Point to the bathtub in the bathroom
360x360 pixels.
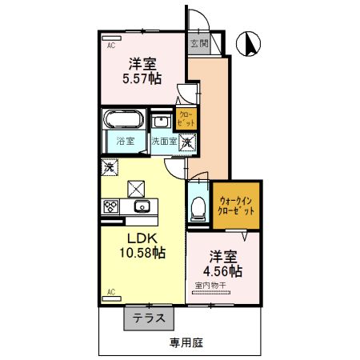pyautogui.click(x=124, y=122)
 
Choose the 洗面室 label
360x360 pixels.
pyautogui.click(x=165, y=142)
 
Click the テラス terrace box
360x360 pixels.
pyautogui.click(x=149, y=318)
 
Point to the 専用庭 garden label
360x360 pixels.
pyautogui.click(x=186, y=342)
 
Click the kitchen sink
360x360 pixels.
pyautogui.click(x=142, y=207)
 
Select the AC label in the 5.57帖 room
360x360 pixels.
pyautogui.click(x=110, y=46)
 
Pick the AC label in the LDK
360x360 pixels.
pyautogui.click(x=110, y=290)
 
